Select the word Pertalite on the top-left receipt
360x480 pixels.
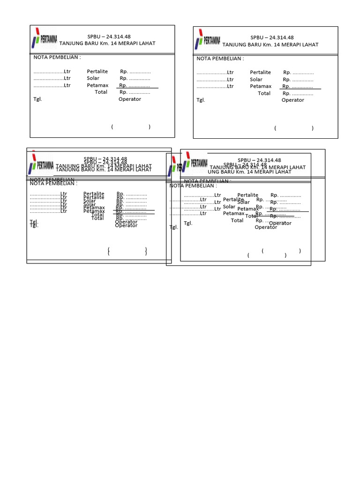click(97, 72)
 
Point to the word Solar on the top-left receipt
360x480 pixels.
click(93, 78)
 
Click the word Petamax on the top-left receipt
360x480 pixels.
click(97, 85)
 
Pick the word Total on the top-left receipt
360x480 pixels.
click(101, 92)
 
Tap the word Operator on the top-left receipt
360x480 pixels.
click(129, 99)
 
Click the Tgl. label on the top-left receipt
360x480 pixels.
click(37, 99)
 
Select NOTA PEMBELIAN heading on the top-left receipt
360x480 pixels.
click(57, 57)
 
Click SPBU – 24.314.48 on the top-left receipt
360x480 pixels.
click(109, 37)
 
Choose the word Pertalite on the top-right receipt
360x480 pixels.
click(260, 73)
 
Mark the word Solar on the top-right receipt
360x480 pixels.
click(256, 79)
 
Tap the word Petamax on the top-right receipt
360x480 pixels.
click(261, 86)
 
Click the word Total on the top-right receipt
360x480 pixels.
click(264, 93)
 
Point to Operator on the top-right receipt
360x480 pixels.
click(292, 100)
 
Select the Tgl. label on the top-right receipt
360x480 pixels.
click(201, 100)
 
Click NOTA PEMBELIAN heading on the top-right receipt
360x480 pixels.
click(220, 59)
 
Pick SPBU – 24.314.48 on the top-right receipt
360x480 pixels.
click(272, 37)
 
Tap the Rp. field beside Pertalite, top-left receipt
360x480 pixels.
click(135, 72)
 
